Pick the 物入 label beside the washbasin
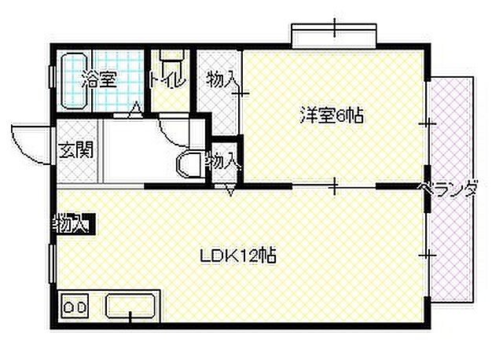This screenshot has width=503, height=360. (222, 161)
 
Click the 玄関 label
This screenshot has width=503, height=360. (75, 149)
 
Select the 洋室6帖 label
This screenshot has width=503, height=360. (330, 116)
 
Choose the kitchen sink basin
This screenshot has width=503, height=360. (131, 305)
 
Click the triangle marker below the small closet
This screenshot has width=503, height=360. (230, 189)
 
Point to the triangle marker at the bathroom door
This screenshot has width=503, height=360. (136, 109)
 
